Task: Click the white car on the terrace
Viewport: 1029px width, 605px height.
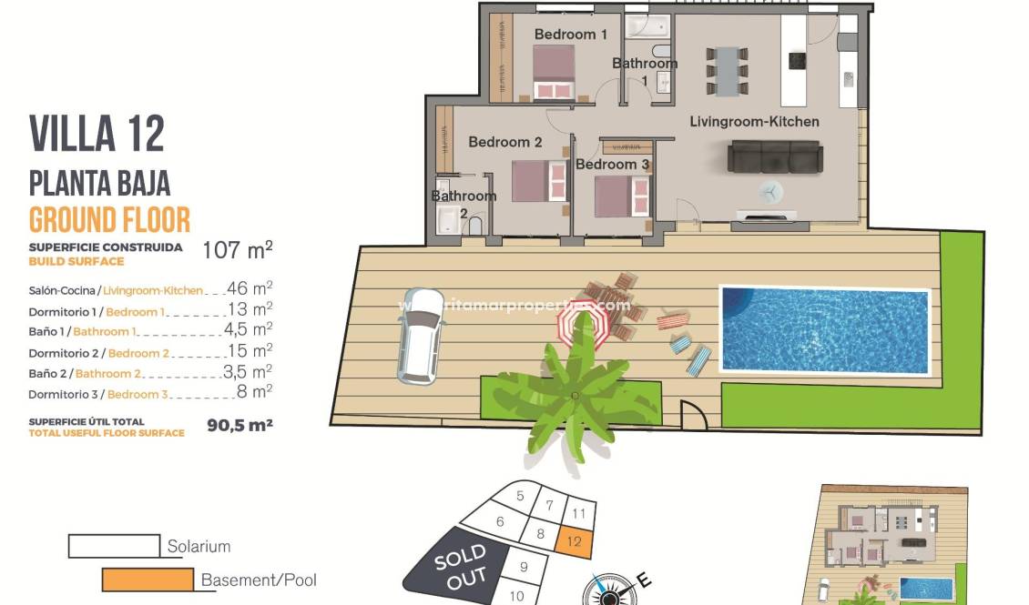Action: pos(420,335)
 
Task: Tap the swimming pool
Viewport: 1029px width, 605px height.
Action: pos(824,329)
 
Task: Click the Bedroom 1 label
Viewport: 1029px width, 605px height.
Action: pos(570,35)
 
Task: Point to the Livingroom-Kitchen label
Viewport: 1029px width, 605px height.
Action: pos(754,121)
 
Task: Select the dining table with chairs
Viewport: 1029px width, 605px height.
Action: pos(727,70)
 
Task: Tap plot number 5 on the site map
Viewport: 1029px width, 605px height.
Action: pos(520,496)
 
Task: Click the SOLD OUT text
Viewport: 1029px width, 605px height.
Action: pos(460,566)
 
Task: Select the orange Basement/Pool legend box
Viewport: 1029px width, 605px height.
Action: pos(148,580)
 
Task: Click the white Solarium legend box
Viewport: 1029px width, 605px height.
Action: pos(114,546)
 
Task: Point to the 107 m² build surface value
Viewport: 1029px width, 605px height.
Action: pos(237,250)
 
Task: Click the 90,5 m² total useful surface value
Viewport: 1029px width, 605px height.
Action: pos(239,424)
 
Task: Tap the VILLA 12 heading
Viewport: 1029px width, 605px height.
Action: pos(97,134)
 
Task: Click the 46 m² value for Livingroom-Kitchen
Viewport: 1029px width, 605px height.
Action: pos(250,288)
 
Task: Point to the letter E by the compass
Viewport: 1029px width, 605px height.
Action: pos(642,579)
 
